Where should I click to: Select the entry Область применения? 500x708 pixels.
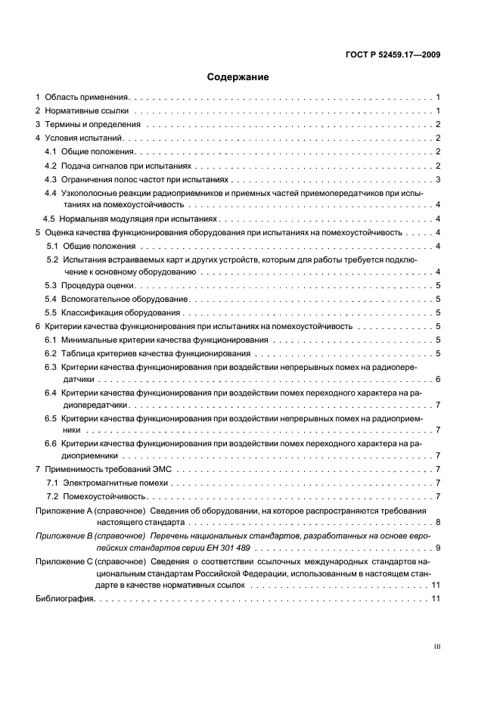point(87,98)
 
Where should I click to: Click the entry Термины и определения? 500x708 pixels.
point(92,124)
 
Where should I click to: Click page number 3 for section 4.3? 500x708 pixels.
point(438,179)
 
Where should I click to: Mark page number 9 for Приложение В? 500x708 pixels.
point(438,547)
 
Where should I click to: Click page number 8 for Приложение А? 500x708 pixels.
point(438,522)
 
